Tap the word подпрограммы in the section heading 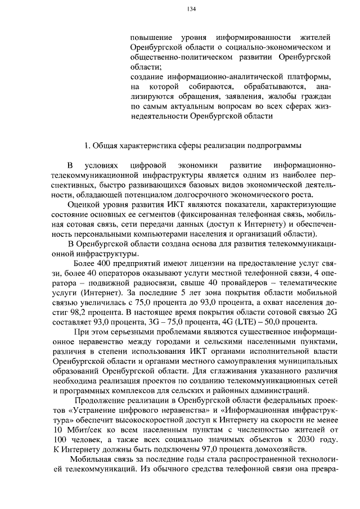(x=275, y=146)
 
